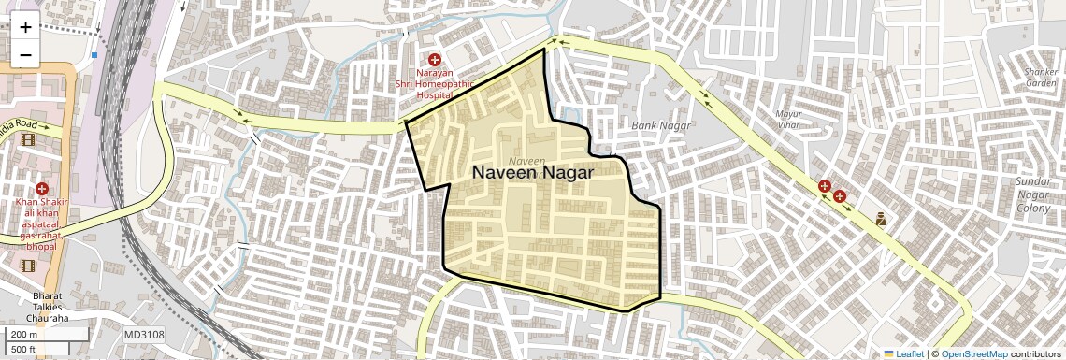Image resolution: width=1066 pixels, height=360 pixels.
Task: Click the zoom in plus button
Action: click(x=25, y=27)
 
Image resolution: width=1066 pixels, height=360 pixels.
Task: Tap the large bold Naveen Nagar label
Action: click(x=532, y=173)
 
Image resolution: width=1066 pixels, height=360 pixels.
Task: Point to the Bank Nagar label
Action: click(x=660, y=125)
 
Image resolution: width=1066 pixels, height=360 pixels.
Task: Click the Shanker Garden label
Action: click(x=1041, y=77)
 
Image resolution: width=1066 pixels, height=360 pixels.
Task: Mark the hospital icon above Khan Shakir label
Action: click(x=41, y=189)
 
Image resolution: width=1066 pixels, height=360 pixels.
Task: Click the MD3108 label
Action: click(x=144, y=335)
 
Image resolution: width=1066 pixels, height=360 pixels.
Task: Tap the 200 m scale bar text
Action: click(x=24, y=335)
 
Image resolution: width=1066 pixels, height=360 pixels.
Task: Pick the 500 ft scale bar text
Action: click(x=24, y=350)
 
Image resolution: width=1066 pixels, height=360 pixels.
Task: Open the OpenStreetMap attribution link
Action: click(x=973, y=353)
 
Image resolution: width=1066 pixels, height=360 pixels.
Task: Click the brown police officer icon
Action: click(x=880, y=220)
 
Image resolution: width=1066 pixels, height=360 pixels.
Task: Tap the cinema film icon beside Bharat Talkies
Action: click(x=26, y=266)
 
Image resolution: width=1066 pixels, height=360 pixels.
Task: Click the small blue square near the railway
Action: click(x=94, y=55)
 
